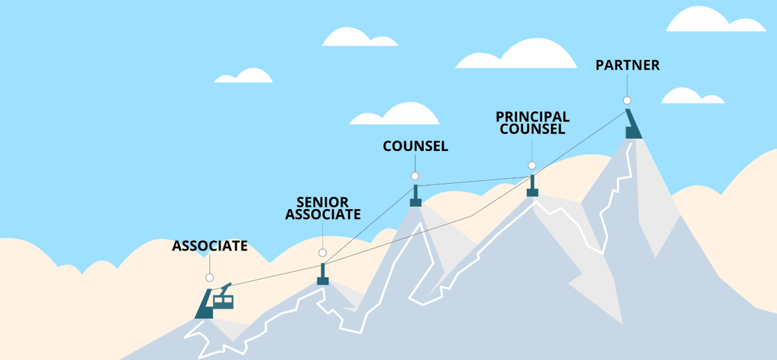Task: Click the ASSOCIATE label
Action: (x=210, y=246)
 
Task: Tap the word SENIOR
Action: (x=322, y=202)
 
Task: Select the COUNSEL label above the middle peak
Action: (x=415, y=146)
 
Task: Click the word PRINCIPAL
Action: (x=532, y=117)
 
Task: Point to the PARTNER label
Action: (x=627, y=65)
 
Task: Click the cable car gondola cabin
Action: (x=223, y=301)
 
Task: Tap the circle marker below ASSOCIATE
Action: (x=210, y=277)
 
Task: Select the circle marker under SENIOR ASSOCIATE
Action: (x=322, y=253)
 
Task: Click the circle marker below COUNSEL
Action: (x=415, y=176)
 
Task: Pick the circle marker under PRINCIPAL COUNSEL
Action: (x=532, y=165)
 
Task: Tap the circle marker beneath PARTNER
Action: (x=627, y=100)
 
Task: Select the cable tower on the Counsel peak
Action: (x=415, y=196)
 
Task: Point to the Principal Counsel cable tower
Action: (x=532, y=186)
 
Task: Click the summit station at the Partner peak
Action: (x=632, y=125)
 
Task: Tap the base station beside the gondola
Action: (x=204, y=306)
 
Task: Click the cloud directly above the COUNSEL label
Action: (x=397, y=115)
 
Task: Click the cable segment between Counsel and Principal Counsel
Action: (x=474, y=180)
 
